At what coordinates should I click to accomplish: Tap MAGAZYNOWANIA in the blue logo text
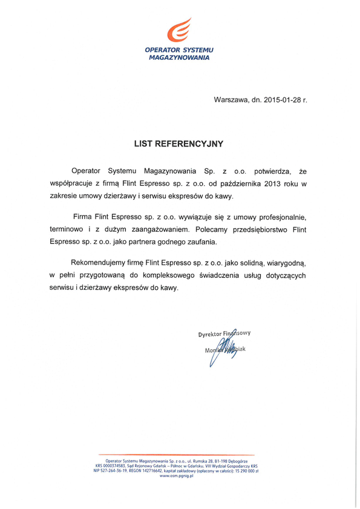coord(179,58)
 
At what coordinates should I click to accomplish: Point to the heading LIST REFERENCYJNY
coord(179,144)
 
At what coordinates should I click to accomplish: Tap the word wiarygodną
coord(281,263)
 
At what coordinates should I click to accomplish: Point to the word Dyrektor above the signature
coord(210,334)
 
